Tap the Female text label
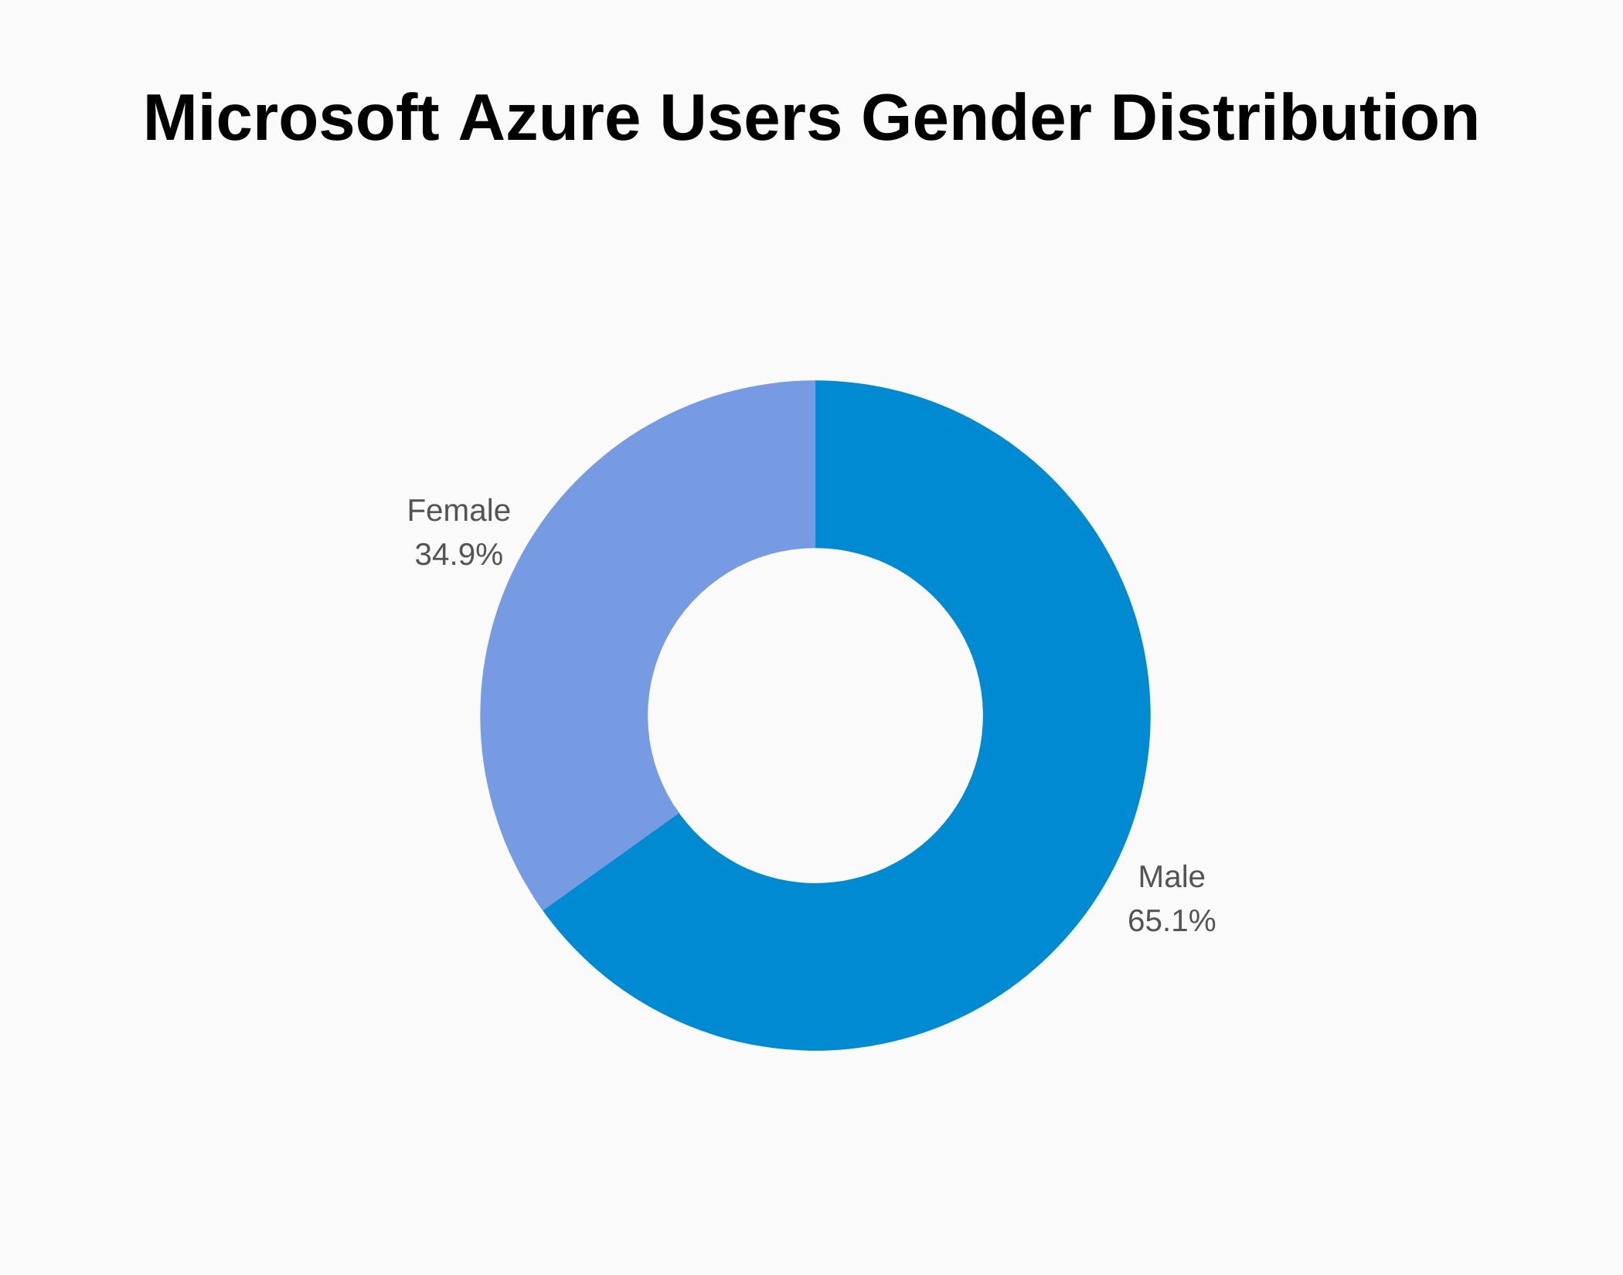pos(458,511)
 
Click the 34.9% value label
pos(458,555)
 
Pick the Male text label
pos(1171,877)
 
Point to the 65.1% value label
pos(1171,921)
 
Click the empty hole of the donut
pos(815,716)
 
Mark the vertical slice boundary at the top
pos(815,464)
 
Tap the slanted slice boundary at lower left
pos(611,862)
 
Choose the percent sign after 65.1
pos(1203,921)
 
